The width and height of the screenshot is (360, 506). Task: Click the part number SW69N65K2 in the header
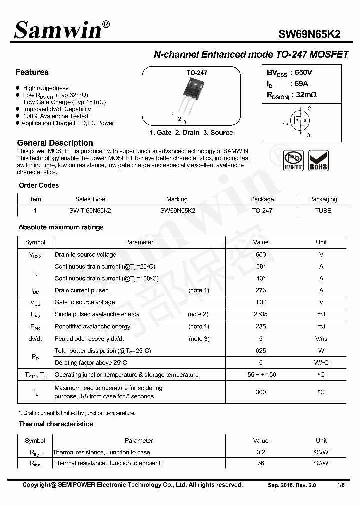tap(310, 34)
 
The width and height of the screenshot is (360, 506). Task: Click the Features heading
tap(32, 72)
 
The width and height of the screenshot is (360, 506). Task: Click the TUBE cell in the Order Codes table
tap(323, 211)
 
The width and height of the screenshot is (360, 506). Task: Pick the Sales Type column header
tap(90, 199)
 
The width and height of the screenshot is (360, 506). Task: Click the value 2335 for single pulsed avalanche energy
tap(261, 314)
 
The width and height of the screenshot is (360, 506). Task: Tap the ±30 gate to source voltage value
tap(261, 302)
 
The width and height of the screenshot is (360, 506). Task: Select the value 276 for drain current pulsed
tap(261, 290)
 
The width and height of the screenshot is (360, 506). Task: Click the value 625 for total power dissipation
tap(261, 351)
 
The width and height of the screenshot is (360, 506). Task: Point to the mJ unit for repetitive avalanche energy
tap(321, 327)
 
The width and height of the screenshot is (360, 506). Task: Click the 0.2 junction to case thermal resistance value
tap(261, 452)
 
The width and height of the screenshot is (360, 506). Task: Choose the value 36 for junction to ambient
tap(261, 463)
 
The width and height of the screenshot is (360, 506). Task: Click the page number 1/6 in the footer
tap(341, 485)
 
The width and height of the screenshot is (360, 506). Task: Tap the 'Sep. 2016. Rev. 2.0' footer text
tap(292, 485)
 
